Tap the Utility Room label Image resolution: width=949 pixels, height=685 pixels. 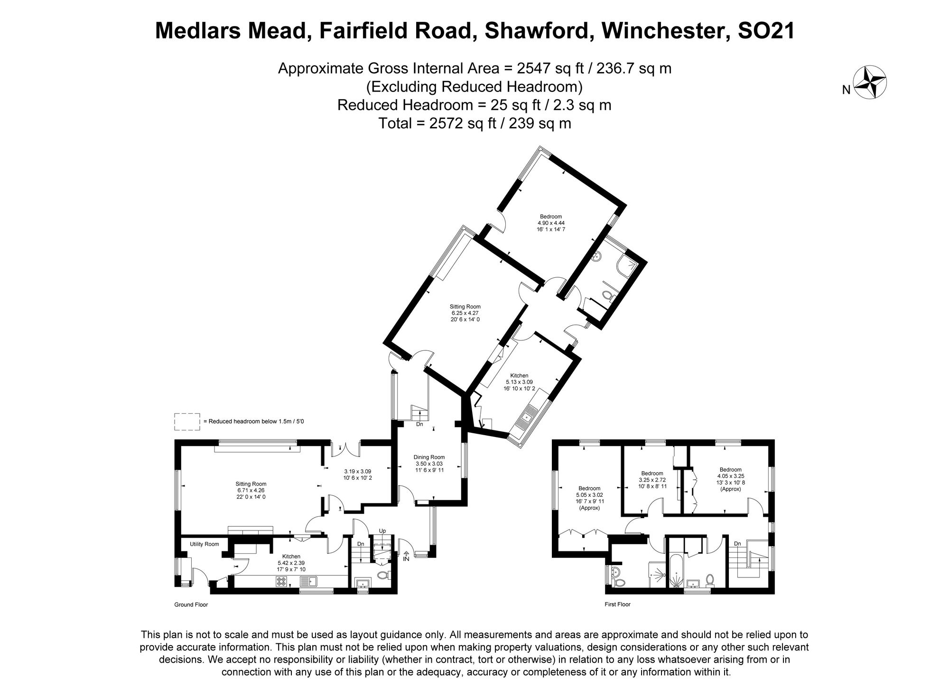(205, 544)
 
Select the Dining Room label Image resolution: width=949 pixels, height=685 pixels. (429, 457)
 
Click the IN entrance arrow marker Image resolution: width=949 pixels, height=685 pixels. (406, 556)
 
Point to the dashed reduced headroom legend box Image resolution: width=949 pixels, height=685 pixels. (187, 421)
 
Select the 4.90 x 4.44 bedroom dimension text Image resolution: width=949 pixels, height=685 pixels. (550, 223)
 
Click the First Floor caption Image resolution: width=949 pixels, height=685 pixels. (617, 604)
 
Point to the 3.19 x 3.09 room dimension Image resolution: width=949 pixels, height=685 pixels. (357, 472)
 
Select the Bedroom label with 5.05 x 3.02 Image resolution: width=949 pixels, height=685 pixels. (589, 488)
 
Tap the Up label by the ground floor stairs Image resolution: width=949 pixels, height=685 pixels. (382, 531)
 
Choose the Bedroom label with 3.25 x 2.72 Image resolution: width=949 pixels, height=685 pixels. (652, 473)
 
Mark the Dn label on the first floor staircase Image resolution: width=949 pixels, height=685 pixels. (737, 544)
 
